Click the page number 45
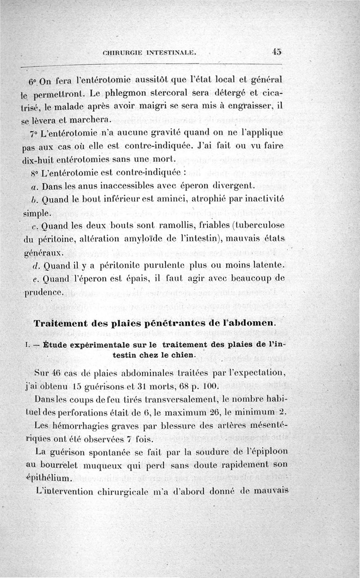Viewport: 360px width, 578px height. tap(276, 51)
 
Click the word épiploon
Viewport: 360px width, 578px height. tap(265, 451)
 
